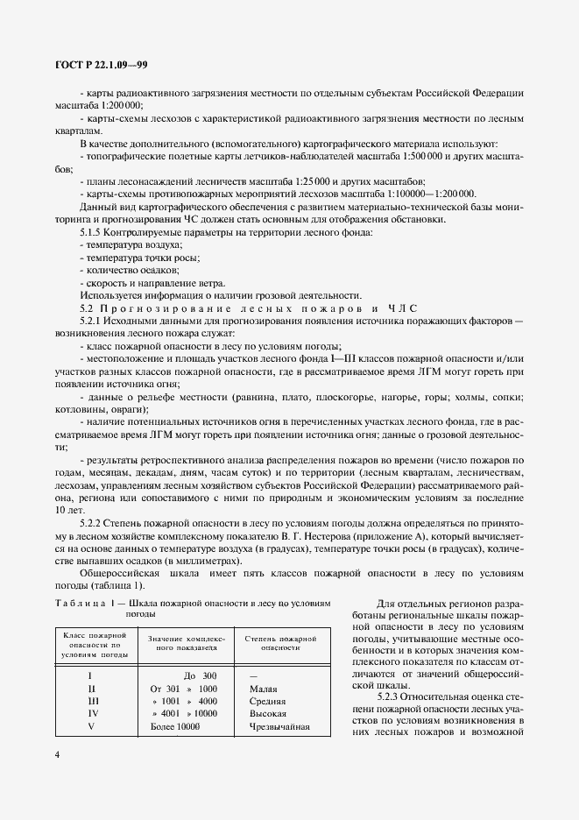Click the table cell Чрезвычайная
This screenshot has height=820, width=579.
(279, 726)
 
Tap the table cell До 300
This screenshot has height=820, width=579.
(200, 675)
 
